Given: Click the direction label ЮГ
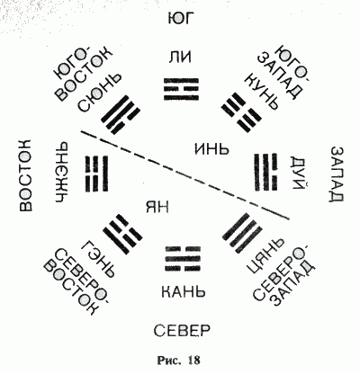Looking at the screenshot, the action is [179, 18].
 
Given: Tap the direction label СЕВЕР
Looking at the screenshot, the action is [182, 331].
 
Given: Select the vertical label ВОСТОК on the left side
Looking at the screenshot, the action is [25, 175].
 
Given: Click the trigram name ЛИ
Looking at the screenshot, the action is [180, 57].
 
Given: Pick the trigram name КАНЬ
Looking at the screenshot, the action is [184, 291].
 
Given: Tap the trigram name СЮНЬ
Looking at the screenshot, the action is [100, 92].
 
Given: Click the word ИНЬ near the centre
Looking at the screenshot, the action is [211, 148].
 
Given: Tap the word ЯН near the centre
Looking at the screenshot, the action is [157, 207].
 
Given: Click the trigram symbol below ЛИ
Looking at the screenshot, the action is [181, 89].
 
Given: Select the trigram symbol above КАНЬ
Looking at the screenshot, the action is [184, 258].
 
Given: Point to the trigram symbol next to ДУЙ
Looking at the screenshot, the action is [266, 172].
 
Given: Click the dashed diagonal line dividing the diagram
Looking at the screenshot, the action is [185, 175].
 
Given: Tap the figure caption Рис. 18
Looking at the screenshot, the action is [178, 360].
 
